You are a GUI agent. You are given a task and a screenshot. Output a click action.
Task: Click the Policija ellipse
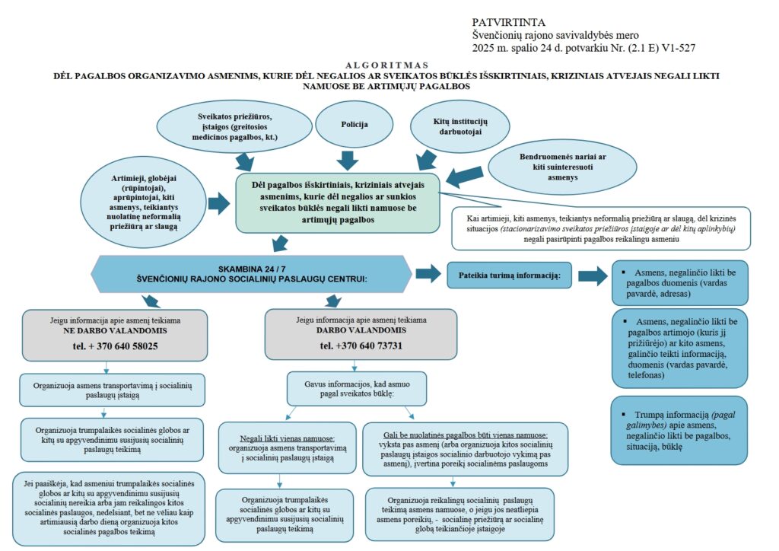point(347,123)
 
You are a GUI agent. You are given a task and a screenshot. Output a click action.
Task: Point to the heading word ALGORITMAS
point(386,65)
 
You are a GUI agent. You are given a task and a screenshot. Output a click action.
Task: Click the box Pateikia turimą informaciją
point(510,275)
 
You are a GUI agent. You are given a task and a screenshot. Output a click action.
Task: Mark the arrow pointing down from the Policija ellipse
point(347,158)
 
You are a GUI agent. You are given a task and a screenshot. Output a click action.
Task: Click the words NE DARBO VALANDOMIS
point(115,333)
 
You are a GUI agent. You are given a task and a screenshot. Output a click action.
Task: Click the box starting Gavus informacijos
point(350,388)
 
